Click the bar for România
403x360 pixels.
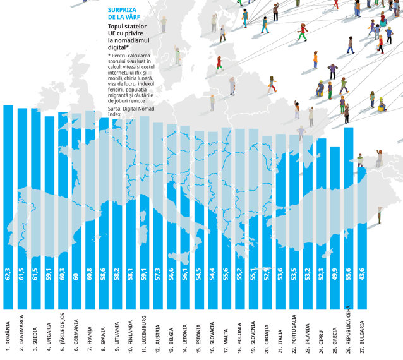tap(8, 207)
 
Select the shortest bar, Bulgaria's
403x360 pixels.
tap(362, 238)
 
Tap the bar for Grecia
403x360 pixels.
tap(335, 227)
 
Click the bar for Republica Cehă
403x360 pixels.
tap(349, 218)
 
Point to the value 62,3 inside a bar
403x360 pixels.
tap(8, 274)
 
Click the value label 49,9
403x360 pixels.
tap(335, 274)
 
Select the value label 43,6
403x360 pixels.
tap(362, 274)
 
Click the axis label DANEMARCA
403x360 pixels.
tap(21, 333)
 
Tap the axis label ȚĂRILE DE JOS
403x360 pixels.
tap(63, 332)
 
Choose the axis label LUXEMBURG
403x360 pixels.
tap(144, 333)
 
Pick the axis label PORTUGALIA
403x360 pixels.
tap(294, 333)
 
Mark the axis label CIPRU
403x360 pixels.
tap(321, 342)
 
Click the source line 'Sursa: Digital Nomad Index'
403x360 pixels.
tap(131, 111)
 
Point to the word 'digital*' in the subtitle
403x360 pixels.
tap(118, 47)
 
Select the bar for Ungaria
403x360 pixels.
tap(49, 213)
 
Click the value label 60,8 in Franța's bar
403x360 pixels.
tap(90, 274)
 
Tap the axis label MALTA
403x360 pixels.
tap(226, 340)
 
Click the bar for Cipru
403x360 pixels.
tap(322, 224)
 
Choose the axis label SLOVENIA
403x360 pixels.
tap(253, 336)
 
